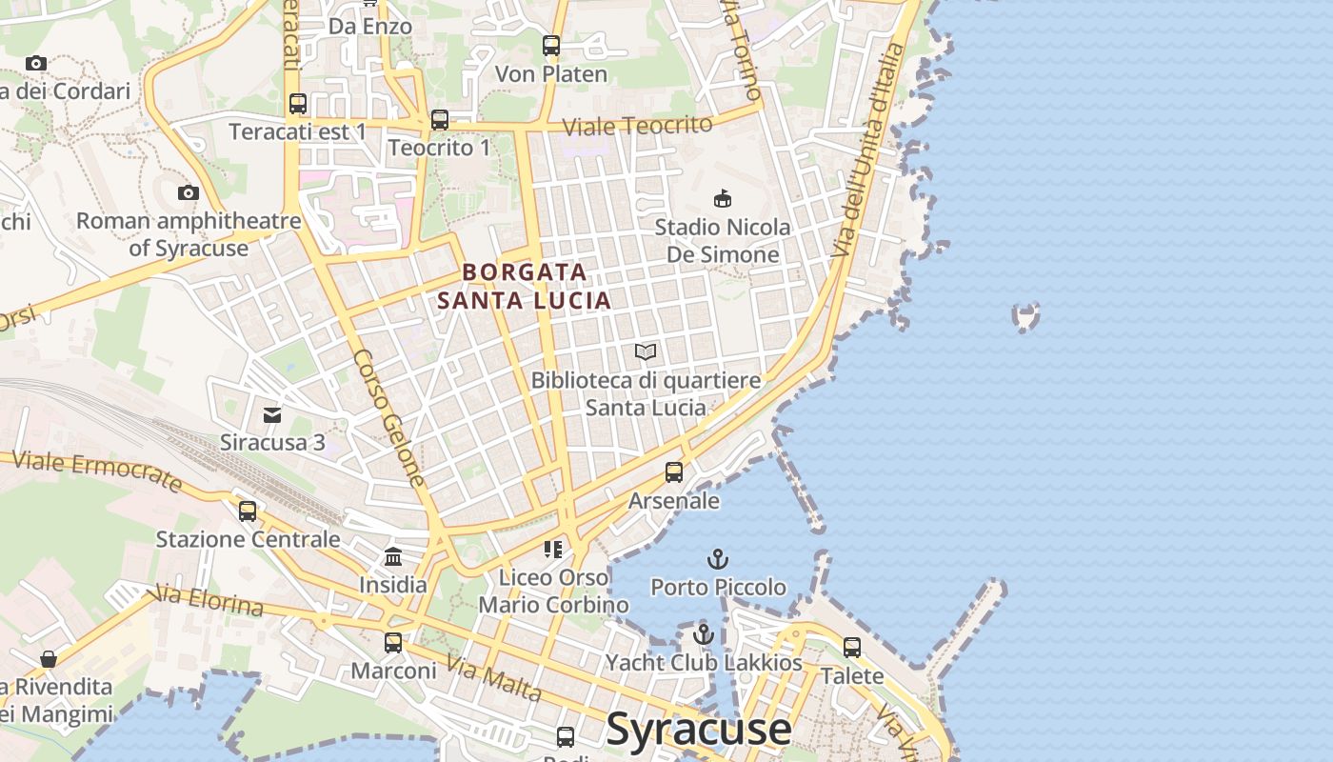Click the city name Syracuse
698,729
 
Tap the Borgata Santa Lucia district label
524,287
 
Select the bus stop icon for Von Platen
551,45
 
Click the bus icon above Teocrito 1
439,120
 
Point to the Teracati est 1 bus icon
298,104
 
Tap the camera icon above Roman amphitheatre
189,193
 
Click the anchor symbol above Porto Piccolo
718,559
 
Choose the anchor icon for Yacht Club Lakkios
704,633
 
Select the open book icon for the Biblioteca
646,352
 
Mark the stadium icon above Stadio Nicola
723,198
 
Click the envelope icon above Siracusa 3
272,414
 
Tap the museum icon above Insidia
393,556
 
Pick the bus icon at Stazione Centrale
248,511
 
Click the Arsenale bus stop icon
674,472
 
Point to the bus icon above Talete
852,648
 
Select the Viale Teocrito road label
637,126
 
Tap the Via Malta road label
493,680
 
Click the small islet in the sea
1025,317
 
